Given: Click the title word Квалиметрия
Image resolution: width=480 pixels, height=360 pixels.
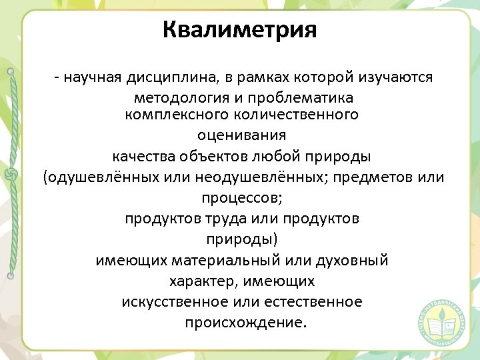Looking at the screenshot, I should click(239, 30).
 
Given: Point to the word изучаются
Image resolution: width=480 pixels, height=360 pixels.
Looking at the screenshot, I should click(397, 77).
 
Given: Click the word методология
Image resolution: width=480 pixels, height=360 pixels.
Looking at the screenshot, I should click(174, 98).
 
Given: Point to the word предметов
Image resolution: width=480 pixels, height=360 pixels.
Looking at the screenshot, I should click(370, 178).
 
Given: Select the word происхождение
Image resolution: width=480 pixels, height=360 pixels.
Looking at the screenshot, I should click(244, 323).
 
